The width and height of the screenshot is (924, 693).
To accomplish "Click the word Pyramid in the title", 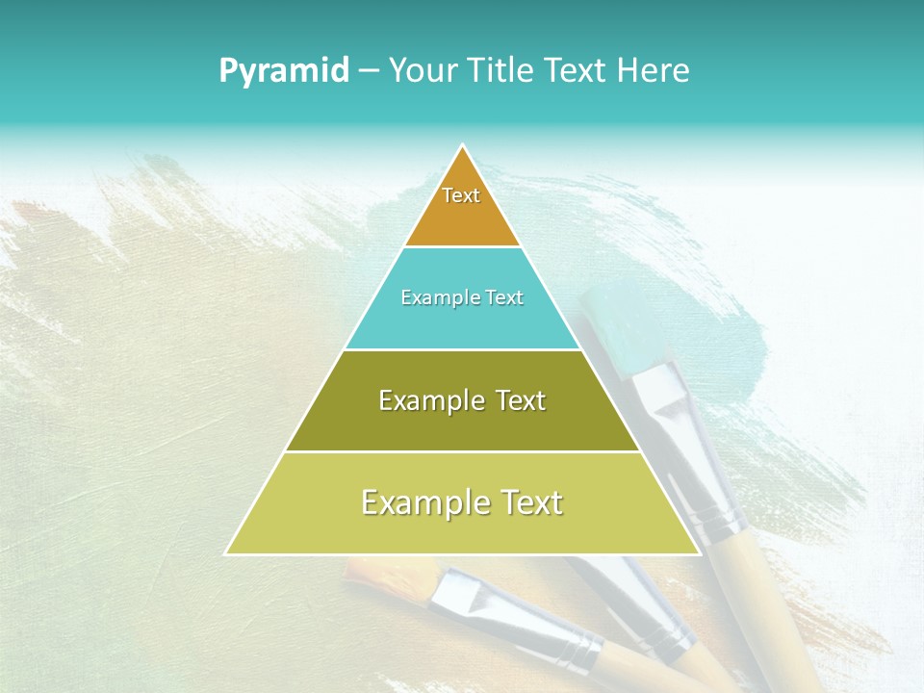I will pos(283,71).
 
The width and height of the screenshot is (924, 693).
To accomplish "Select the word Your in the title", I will pos(421,70).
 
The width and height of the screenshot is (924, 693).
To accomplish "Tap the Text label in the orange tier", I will pos(461,195).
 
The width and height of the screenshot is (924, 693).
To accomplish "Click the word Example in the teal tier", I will pos(433,297).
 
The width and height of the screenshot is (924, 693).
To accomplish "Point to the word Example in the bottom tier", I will pos(418,502).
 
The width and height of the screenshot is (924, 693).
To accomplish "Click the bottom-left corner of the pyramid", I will pos(226,553).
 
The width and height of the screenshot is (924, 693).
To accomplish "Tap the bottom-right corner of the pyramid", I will pos(699,553).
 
